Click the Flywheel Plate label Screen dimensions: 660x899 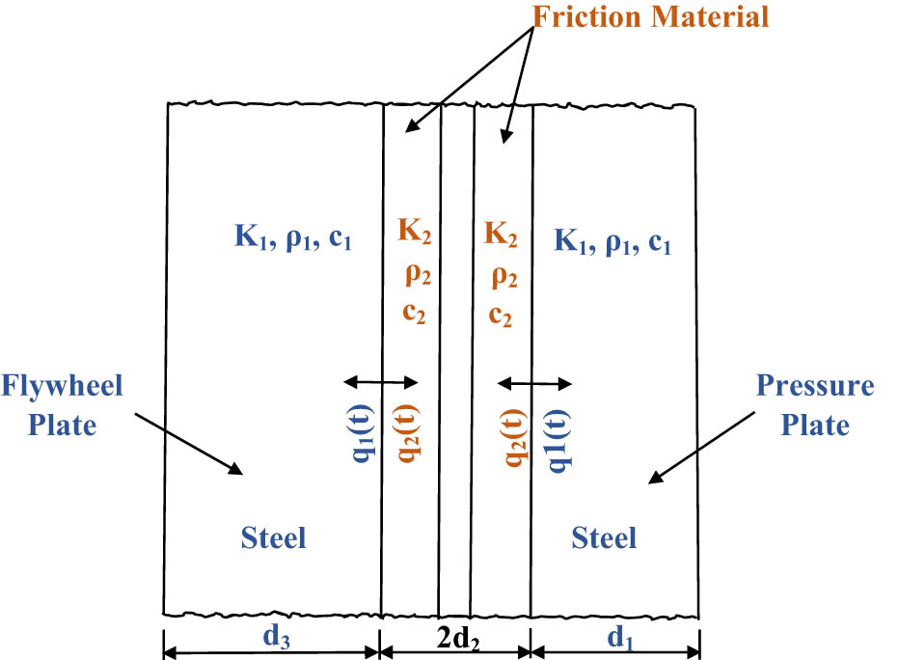tap(62, 405)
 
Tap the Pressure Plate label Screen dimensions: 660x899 tap(815, 405)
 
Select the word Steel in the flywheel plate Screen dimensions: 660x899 tap(273, 536)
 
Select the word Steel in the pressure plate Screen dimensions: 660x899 tap(604, 536)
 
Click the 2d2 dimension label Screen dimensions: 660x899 tap(455, 637)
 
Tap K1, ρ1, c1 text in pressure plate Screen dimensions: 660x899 tap(612, 238)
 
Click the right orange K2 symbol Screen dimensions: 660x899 tap(502, 232)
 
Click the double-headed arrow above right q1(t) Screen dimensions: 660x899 tap(534, 383)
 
